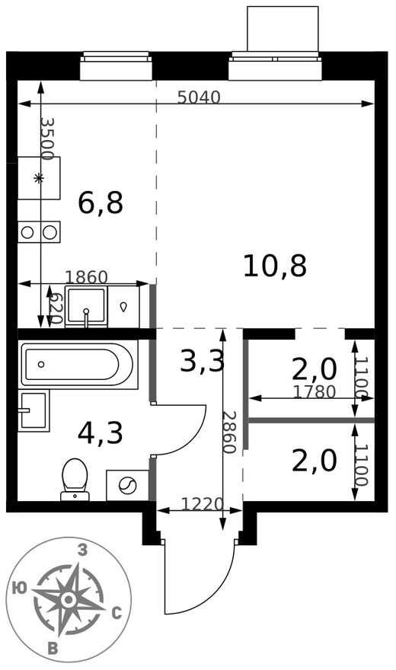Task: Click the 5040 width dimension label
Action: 198,97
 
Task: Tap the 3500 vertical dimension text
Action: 46,138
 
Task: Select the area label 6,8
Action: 101,203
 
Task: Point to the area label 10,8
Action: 275,266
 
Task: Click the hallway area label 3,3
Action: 202,361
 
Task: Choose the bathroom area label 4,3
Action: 101,432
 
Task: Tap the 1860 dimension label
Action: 86,277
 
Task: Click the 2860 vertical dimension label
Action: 228,432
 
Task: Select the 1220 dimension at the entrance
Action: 202,504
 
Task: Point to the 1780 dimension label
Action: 315,392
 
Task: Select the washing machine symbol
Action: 127,485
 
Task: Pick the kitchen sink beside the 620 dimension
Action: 86,306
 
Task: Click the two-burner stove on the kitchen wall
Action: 40,231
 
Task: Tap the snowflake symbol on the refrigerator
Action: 39,178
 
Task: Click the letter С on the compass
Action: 117,611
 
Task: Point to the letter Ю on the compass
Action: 21,587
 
